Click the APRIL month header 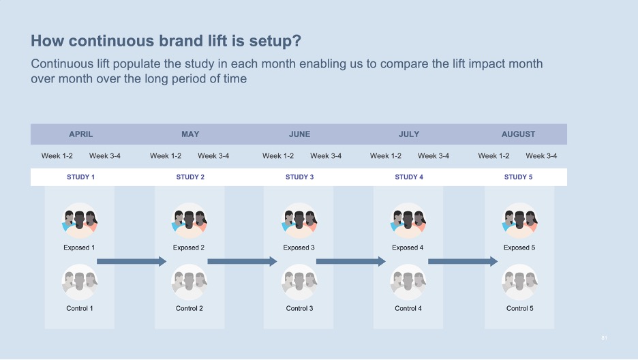pyautogui.click(x=80, y=134)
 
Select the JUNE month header pyautogui.click(x=299, y=134)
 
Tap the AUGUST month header pyautogui.click(x=518, y=134)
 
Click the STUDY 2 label pyautogui.click(x=190, y=177)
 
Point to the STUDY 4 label pyautogui.click(x=409, y=177)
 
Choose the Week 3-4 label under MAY pyautogui.click(x=213, y=156)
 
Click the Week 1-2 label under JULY pyautogui.click(x=385, y=156)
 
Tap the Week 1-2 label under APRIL pyautogui.click(x=57, y=156)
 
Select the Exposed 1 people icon pyautogui.click(x=80, y=220)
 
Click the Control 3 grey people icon pyautogui.click(x=299, y=282)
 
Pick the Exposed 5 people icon pyautogui.click(x=519, y=220)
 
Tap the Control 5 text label pyautogui.click(x=519, y=308)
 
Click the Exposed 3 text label pyautogui.click(x=299, y=247)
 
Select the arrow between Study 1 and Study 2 pyautogui.click(x=132, y=261)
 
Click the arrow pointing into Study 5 pyautogui.click(x=463, y=261)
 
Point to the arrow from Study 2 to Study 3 pyautogui.click(x=243, y=261)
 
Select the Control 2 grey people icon pyautogui.click(x=189, y=282)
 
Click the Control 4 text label pyautogui.click(x=408, y=308)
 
